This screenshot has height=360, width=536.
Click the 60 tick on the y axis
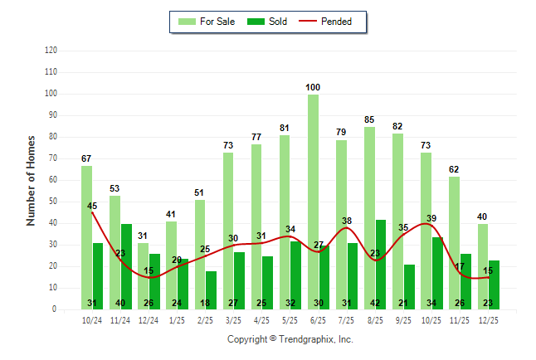[x=52, y=180]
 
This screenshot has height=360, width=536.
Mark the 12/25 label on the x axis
[x=488, y=319]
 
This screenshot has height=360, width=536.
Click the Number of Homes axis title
[x=32, y=180]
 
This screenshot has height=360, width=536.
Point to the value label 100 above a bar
[x=313, y=87]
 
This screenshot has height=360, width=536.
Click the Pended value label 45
[x=92, y=206]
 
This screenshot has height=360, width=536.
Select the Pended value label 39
[x=431, y=218]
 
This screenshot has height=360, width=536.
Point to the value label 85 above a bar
[x=369, y=119]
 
